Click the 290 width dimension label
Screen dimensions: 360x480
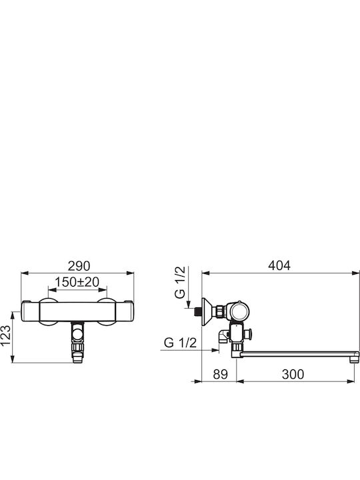tap(79, 266)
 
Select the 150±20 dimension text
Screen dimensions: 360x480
tap(77, 282)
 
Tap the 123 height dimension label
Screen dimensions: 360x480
tap(5, 335)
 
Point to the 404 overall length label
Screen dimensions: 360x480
tap(279, 265)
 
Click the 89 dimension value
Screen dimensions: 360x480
tap(221, 374)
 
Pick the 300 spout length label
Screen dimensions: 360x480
tap(293, 374)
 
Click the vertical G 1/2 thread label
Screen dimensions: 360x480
tap(180, 282)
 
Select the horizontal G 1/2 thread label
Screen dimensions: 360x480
tap(180, 343)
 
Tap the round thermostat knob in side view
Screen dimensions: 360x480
tap(240, 312)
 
